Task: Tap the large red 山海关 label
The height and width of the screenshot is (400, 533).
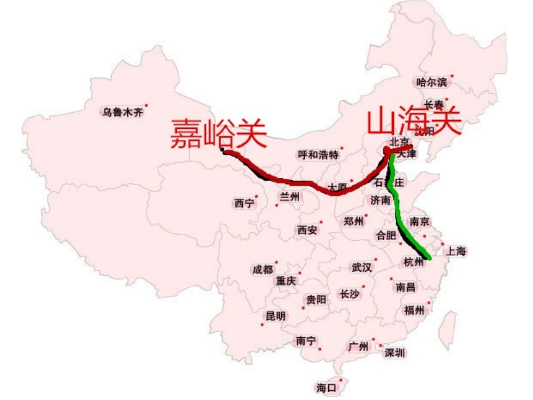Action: tap(413, 122)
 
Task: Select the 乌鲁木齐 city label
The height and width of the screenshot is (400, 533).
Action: tap(122, 112)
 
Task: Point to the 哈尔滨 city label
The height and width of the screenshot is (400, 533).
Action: tap(432, 82)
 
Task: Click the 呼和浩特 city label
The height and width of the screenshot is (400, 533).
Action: tap(318, 154)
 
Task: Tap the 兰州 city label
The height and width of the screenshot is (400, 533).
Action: tap(290, 196)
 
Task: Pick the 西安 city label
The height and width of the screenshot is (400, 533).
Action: tap(307, 229)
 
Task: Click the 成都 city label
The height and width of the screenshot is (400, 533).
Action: tap(262, 270)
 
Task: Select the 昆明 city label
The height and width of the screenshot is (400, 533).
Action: tap(275, 316)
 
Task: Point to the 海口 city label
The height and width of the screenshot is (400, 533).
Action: tap(326, 387)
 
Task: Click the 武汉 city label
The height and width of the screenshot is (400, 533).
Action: tap(361, 267)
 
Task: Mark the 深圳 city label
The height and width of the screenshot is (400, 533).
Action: tap(394, 353)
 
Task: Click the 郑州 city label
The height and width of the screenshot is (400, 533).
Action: tap(353, 221)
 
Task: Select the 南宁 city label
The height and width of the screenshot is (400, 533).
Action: tap(306, 341)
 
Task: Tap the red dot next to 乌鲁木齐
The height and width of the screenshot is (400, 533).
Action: tap(146, 105)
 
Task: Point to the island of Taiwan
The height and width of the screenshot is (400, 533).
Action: tap(449, 331)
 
